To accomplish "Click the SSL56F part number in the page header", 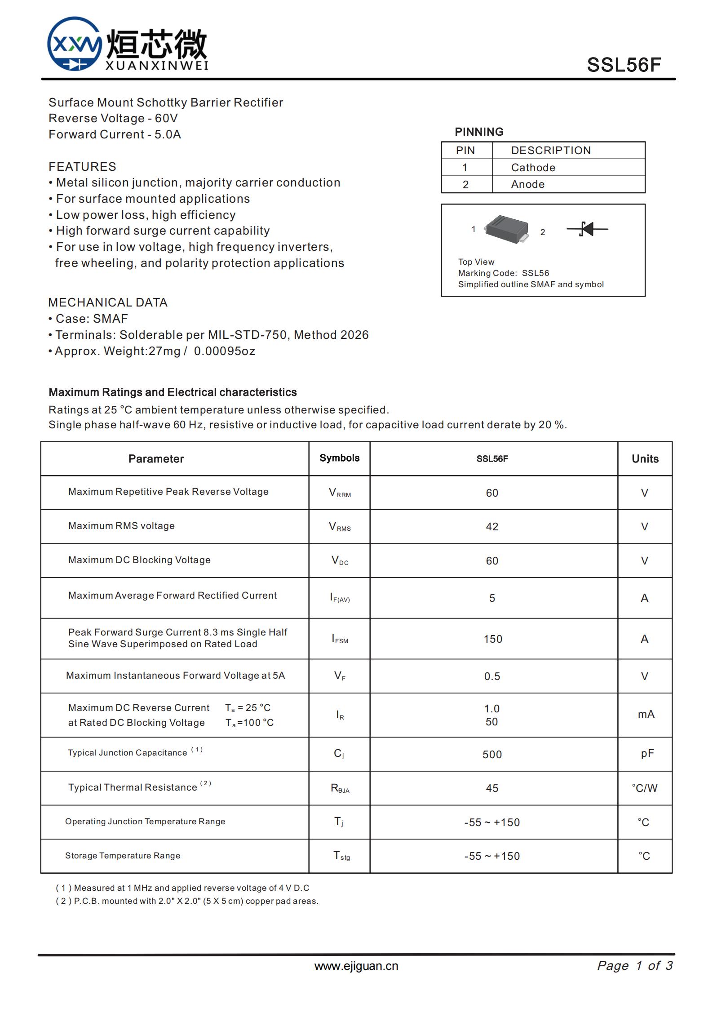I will [x=624, y=65].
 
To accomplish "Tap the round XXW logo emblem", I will [x=75, y=44].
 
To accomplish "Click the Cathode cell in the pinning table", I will [x=533, y=168].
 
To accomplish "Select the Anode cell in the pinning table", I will [x=527, y=184].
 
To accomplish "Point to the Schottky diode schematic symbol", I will [x=587, y=229].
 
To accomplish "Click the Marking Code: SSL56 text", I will [x=503, y=273].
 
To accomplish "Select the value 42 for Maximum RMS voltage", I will [x=492, y=527].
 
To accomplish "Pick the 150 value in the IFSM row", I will [x=492, y=639].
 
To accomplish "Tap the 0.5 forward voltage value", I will [x=492, y=676].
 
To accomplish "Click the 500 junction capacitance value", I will [x=492, y=755].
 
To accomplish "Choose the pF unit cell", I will [x=647, y=754].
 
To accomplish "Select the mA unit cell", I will [x=646, y=714].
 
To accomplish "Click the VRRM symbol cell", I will [x=340, y=493].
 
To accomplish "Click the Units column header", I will [x=645, y=459].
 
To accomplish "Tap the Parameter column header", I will [x=156, y=459].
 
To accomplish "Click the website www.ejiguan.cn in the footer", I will [x=356, y=966].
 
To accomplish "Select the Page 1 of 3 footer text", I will [x=634, y=965].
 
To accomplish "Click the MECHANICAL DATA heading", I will [x=108, y=302].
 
